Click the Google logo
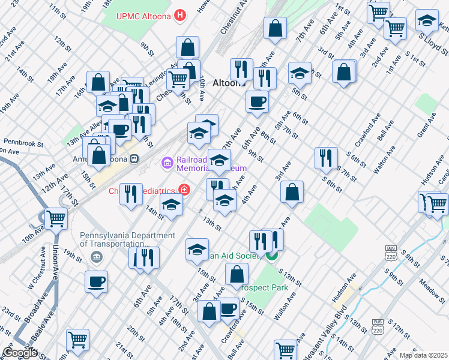(x=20, y=353)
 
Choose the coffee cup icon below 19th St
(x=96, y=281)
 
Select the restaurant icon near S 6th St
(x=325, y=157)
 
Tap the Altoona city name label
(x=229, y=83)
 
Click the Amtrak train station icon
(x=135, y=160)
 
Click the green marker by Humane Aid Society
(x=271, y=256)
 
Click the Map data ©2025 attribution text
(x=423, y=355)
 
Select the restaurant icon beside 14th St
(x=131, y=193)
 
